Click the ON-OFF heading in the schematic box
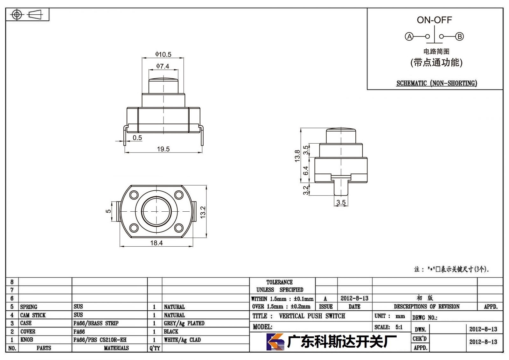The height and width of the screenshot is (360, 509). (x=434, y=20)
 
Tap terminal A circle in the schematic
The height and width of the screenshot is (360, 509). (x=409, y=36)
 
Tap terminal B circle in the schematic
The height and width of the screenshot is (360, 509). (x=459, y=36)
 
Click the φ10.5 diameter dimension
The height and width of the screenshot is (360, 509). (x=163, y=54)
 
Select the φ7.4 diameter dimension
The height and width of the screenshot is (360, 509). (x=163, y=66)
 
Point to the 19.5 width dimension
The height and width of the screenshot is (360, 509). (x=164, y=149)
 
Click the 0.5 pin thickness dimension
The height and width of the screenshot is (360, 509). (x=137, y=138)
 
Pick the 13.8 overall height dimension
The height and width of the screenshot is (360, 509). (x=297, y=156)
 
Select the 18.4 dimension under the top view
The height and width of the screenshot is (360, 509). (x=156, y=243)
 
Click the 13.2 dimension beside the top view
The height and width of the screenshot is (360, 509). (x=203, y=212)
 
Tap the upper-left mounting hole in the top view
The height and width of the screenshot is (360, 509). (x=134, y=195)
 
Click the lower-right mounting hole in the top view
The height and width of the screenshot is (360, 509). (x=179, y=228)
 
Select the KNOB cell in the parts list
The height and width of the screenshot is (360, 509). (x=27, y=340)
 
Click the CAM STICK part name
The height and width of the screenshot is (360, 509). (x=33, y=315)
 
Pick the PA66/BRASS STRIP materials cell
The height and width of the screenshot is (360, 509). (x=96, y=323)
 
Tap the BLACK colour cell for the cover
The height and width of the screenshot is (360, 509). (x=171, y=331)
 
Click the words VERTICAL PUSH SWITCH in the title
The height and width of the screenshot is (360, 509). (x=312, y=316)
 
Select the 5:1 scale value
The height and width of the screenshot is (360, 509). (x=399, y=327)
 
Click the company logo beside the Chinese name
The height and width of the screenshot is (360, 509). (x=275, y=342)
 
